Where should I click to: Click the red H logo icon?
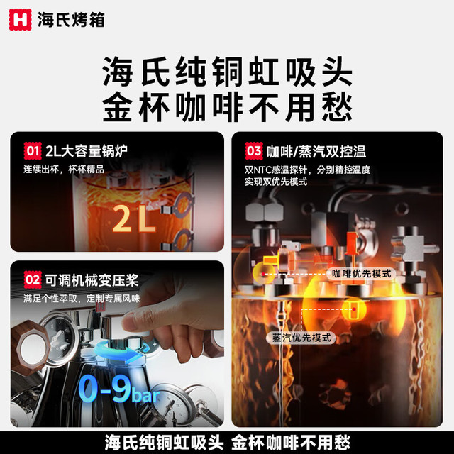coord(20,19)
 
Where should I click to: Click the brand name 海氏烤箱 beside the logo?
coord(71,20)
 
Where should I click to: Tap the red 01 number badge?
coord(33,151)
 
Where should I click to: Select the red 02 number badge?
coord(33,279)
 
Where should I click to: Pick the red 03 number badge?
coord(254,151)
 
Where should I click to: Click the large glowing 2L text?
coord(134,218)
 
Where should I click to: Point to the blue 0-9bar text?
coord(119,389)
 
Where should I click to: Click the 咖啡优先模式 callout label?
coord(361,274)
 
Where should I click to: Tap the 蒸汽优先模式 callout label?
coord(301,338)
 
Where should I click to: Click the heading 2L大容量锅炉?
coord(87,151)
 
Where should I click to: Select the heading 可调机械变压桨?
coord(92,280)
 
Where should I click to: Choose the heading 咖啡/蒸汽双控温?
coord(316,151)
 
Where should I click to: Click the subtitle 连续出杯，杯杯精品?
coord(63,169)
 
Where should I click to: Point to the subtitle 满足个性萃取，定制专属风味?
coord(82,298)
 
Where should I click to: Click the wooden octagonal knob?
coord(31,348)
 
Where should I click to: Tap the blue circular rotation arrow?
coord(123,351)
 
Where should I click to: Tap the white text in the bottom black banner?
coord(227,443)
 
